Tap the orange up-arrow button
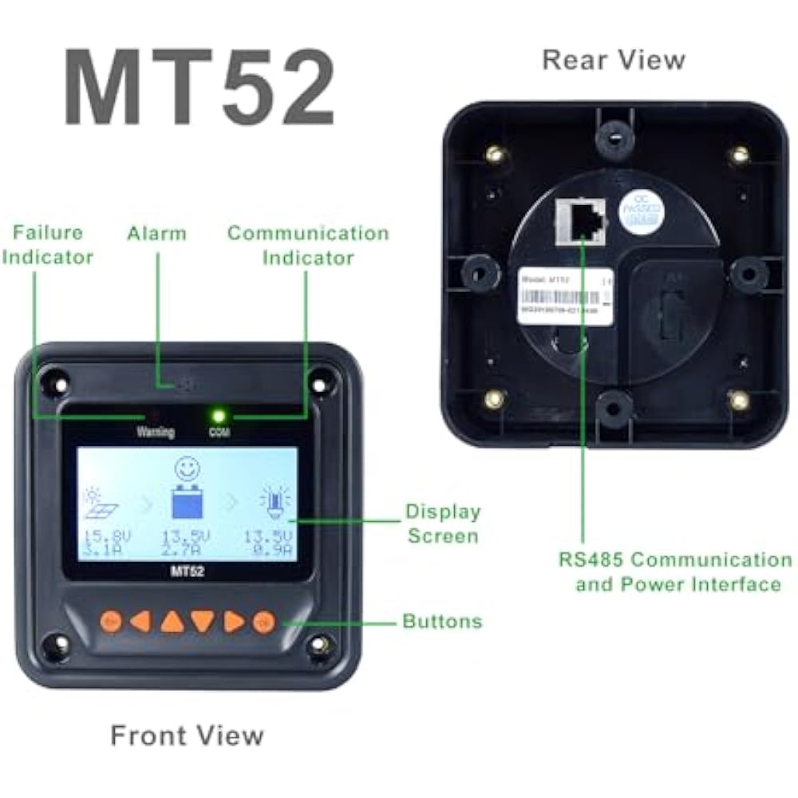pos(172,621)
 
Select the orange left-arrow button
pos(141,621)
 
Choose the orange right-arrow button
pos(233,621)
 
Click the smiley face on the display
pos(188,468)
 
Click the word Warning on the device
pos(156,433)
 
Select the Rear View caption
pos(613,60)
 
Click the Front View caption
pos(187,734)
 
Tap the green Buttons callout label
pos(442,621)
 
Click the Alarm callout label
pos(156,234)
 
